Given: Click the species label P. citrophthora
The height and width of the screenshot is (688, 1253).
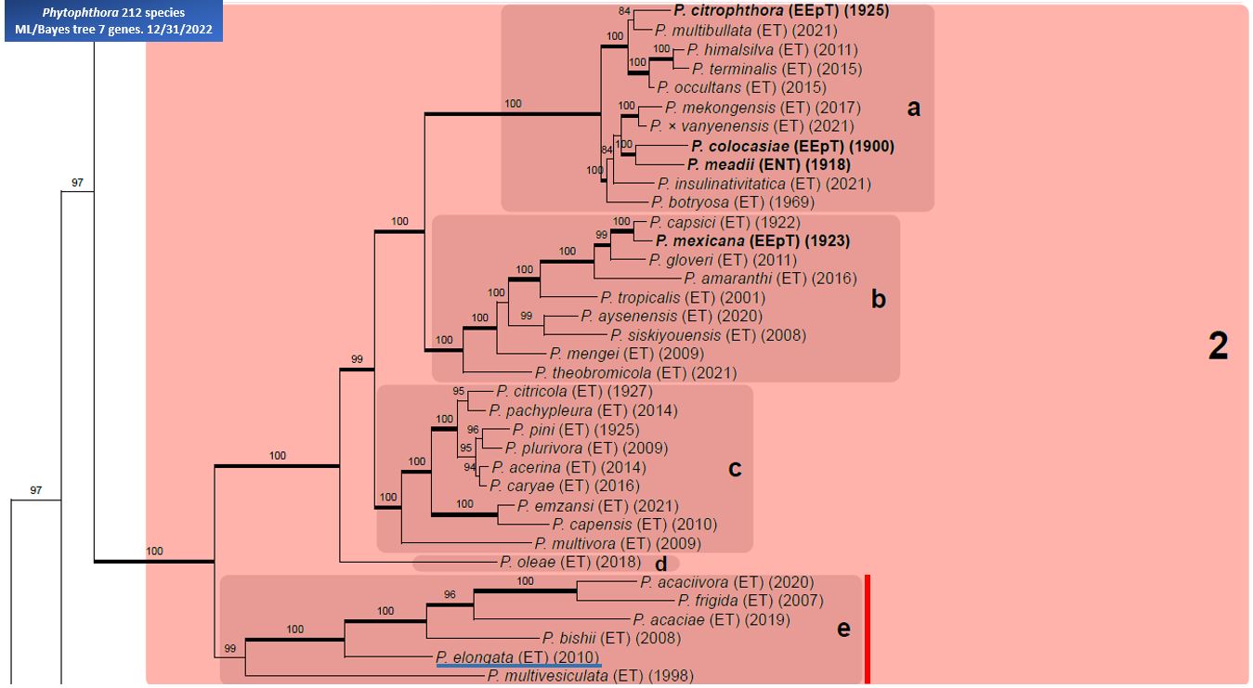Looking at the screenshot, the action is [x=727, y=10].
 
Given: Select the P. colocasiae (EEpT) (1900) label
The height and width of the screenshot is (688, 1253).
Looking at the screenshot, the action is [x=792, y=146].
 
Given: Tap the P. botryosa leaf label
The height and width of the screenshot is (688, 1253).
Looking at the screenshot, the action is [x=690, y=201].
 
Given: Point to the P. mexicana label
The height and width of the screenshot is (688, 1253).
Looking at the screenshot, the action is [x=699, y=240].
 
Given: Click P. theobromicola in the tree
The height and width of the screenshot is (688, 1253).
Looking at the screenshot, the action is [x=593, y=372].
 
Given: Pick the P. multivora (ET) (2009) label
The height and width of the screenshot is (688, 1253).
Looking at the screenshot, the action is [x=618, y=543].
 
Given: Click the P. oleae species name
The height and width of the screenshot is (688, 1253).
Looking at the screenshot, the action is [x=528, y=562].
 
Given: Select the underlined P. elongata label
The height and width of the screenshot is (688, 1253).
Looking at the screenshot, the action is [x=517, y=656].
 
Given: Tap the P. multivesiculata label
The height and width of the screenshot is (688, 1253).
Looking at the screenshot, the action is [x=547, y=676].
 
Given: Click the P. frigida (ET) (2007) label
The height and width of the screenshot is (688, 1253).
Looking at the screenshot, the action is [x=750, y=600].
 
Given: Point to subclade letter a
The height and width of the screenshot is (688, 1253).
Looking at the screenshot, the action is [x=913, y=109].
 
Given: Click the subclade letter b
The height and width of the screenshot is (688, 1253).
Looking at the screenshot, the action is [x=879, y=299].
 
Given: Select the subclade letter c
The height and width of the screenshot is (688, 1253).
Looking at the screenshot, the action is [x=735, y=469].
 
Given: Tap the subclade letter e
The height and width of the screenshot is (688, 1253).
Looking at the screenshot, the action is [x=843, y=630].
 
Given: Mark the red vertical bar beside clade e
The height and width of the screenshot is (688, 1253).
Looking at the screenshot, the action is [x=867, y=630].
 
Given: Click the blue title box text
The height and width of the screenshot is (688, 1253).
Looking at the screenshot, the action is [x=113, y=20].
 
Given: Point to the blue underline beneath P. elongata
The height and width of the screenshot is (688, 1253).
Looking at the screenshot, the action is [x=518, y=665].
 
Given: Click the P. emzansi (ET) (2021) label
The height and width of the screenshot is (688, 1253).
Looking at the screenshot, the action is [x=597, y=506].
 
